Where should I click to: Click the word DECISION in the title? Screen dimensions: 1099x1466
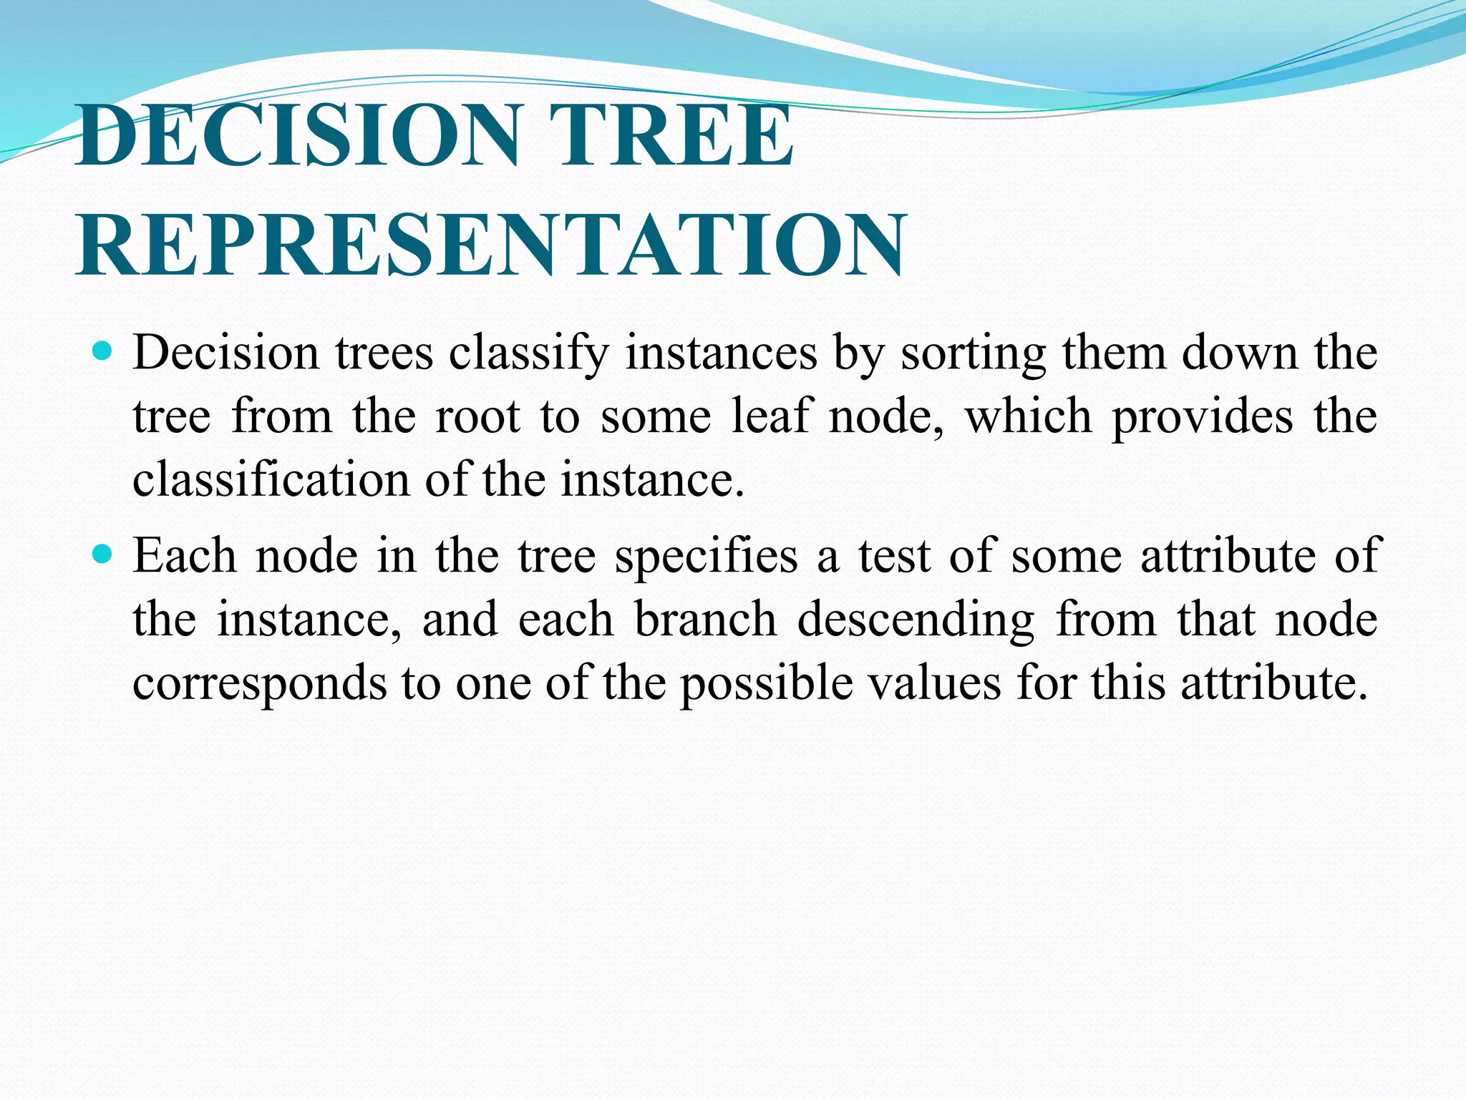297,135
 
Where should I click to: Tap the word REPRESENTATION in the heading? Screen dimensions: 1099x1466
491,245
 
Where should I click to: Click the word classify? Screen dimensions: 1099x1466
529,353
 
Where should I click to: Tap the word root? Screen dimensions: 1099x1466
477,416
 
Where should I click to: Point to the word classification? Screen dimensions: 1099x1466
270,479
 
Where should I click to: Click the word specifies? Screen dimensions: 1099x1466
706,557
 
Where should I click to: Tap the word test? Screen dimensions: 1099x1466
894,557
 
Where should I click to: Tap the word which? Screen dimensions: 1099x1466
1029,416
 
